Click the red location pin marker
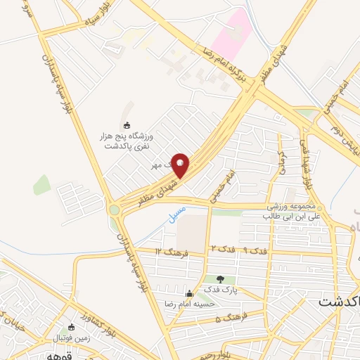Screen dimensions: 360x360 tap(180, 165)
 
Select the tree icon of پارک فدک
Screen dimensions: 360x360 tap(221, 280)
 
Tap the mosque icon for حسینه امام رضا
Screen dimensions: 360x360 tap(188, 293)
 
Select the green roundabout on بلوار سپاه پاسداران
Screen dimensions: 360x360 tap(114, 210)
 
